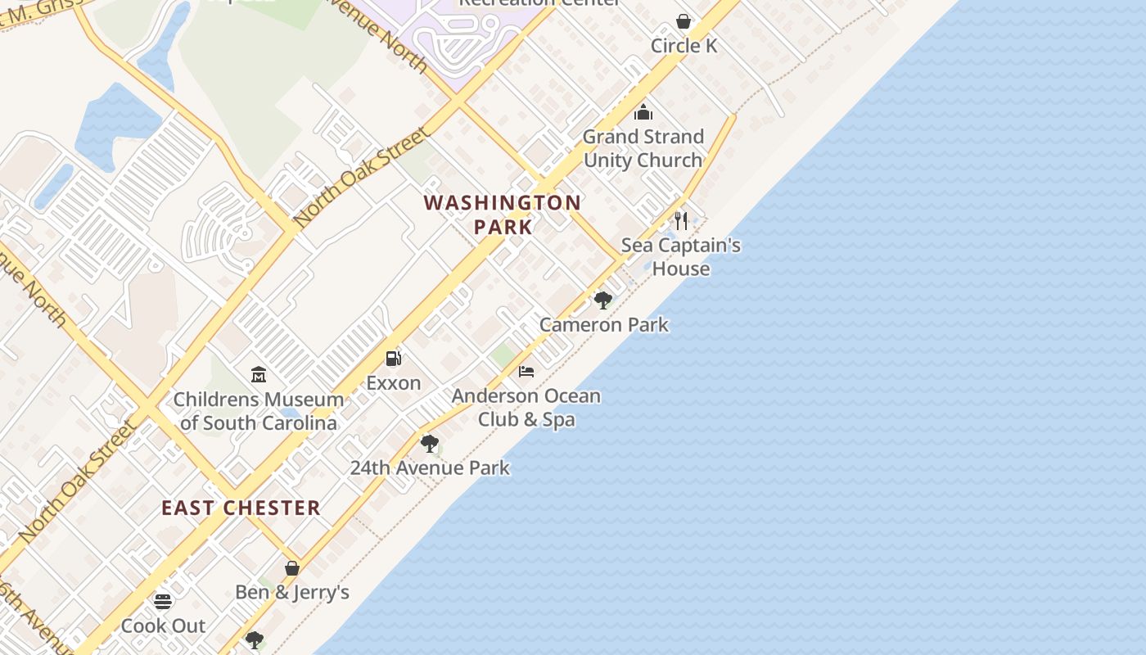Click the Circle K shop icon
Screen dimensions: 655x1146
(684, 21)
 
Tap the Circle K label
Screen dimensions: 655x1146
(684, 46)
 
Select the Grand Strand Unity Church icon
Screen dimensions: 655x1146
(643, 112)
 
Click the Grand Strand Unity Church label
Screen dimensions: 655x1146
(643, 148)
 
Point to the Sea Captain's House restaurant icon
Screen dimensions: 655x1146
(681, 220)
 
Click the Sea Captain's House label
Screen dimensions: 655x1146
(680, 256)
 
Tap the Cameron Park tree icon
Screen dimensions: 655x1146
(603, 300)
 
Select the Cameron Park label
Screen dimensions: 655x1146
(604, 325)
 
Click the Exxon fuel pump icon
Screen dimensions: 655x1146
(394, 359)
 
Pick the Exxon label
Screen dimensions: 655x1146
(394, 383)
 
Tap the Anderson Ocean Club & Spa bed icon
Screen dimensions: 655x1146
(526, 372)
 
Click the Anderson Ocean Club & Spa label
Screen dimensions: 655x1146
(526, 408)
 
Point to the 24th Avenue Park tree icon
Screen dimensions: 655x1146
(430, 444)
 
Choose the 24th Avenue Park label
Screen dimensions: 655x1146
(430, 468)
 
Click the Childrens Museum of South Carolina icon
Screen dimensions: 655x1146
(259, 375)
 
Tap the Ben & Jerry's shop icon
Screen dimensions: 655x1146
(292, 568)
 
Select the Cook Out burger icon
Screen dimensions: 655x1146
(163, 602)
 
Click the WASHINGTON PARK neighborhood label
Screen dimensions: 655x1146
(503, 215)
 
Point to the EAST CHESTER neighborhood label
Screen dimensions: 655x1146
(241, 508)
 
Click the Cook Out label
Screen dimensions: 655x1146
(163, 626)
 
